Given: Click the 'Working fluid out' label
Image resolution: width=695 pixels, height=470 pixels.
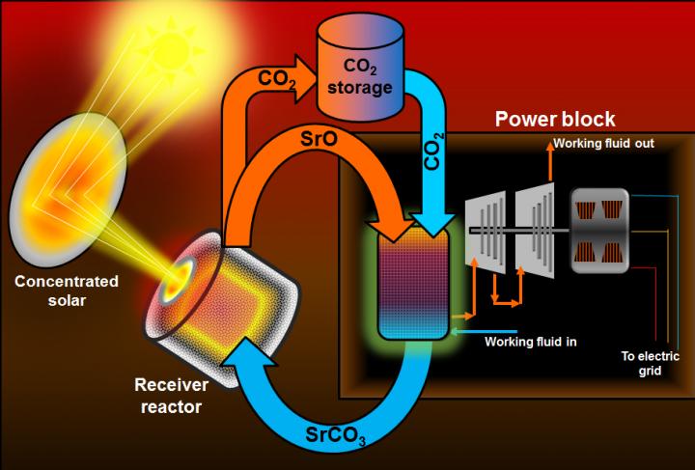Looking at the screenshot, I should pyautogui.click(x=603, y=146).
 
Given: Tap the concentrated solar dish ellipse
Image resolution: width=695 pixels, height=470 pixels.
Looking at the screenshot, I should pyautogui.click(x=67, y=189).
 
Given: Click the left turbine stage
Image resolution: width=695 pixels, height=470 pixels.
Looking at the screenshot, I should pyautogui.click(x=486, y=233).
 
